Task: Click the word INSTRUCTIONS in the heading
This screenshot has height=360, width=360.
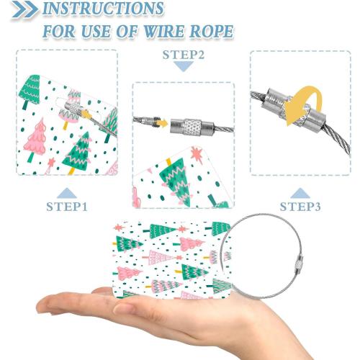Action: (103, 9)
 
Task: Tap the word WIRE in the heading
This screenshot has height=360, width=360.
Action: (163, 31)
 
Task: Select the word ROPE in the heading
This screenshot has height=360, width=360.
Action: (211, 31)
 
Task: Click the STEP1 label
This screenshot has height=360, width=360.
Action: (67, 207)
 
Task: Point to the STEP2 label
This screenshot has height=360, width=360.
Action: (184, 55)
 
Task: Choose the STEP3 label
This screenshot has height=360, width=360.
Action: (300, 207)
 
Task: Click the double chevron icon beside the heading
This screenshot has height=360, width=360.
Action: (24, 9)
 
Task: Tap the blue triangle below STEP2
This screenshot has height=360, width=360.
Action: (184, 66)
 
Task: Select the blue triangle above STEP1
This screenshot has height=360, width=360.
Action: (67, 193)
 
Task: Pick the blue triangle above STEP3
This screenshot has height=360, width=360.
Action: (300, 193)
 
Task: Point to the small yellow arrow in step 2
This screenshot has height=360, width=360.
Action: (161, 124)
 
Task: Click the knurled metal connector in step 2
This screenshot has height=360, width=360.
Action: (192, 127)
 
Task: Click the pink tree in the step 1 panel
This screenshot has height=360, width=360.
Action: (37, 138)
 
